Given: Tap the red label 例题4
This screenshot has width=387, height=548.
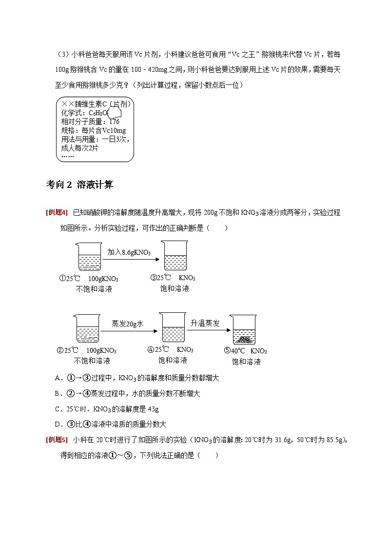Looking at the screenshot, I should [57, 212].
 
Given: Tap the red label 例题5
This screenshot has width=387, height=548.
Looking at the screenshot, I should [57, 440].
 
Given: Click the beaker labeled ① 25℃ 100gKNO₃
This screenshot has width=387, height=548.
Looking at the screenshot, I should [89, 257].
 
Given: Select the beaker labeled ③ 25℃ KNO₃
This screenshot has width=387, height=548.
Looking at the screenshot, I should [175, 257].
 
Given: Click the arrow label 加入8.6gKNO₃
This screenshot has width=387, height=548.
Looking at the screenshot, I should [129, 252].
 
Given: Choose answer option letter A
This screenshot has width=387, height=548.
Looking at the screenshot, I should [58, 378].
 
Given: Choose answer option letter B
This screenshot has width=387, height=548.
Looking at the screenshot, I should [58, 393].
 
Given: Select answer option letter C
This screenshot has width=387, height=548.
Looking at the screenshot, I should [58, 409].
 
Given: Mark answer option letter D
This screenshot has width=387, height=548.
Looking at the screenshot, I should [58, 425].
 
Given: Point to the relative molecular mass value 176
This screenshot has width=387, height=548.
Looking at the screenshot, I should [115, 122].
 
